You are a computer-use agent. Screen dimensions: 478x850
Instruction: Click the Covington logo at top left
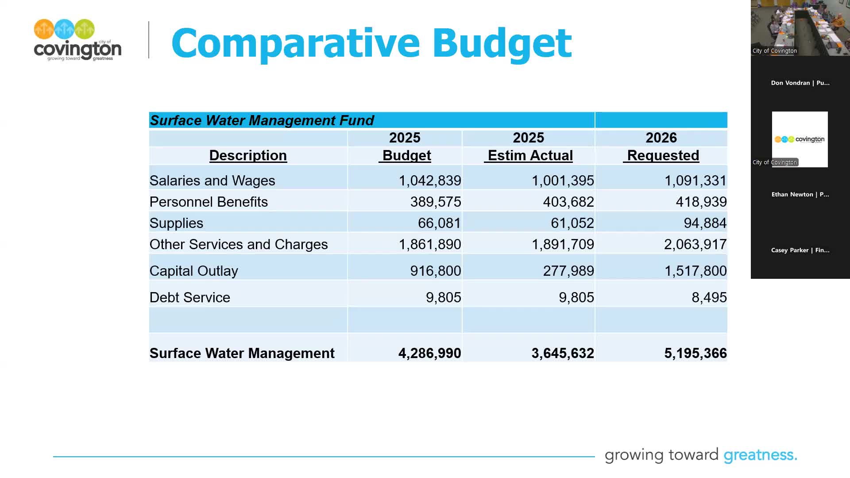(x=77, y=40)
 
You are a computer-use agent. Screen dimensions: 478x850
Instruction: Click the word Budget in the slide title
(x=502, y=43)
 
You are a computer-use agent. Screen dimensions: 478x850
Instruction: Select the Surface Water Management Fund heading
(x=262, y=120)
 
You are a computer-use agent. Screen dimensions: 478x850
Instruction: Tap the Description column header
(x=248, y=155)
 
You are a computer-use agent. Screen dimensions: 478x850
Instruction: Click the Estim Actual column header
(x=530, y=155)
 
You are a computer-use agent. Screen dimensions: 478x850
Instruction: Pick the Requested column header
(x=663, y=155)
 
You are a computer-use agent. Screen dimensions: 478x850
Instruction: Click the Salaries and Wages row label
(x=212, y=181)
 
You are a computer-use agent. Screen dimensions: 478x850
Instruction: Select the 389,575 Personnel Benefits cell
(x=435, y=202)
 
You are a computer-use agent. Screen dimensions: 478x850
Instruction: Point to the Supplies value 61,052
(x=572, y=223)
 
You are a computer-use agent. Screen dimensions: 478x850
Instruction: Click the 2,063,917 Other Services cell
(x=695, y=244)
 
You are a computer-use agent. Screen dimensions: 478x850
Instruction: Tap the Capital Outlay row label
(x=193, y=271)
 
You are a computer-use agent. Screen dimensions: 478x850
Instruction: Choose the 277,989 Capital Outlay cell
(x=568, y=271)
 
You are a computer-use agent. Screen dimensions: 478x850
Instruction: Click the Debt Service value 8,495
(x=709, y=297)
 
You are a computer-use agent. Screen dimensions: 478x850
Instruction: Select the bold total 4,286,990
(x=429, y=353)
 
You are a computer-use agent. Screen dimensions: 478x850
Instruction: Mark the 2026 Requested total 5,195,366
(x=695, y=353)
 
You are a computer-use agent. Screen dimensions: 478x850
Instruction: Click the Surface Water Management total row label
(x=242, y=353)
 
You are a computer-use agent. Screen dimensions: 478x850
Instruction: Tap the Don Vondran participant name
(x=800, y=83)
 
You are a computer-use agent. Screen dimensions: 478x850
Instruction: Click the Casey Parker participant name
(x=800, y=250)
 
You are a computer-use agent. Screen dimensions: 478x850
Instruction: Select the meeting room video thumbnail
(x=800, y=27)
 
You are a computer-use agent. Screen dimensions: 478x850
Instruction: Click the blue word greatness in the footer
(x=760, y=455)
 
